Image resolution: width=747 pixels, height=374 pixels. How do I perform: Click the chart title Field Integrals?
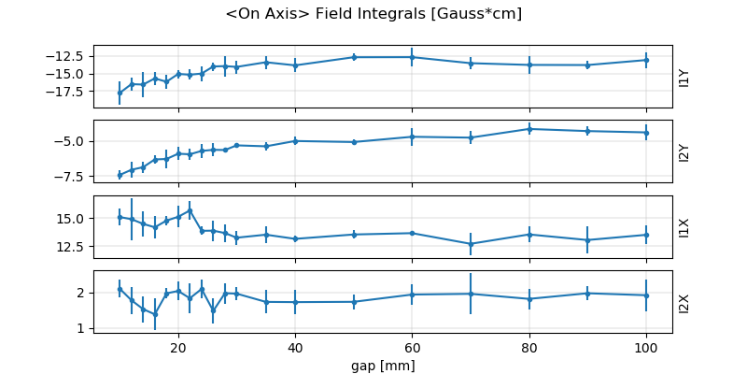pos(373,14)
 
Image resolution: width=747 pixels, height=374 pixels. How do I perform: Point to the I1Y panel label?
pos(684,77)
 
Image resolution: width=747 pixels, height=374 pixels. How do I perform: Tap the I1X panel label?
pos(684,226)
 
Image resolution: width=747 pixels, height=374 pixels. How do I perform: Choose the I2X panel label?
pos(684,302)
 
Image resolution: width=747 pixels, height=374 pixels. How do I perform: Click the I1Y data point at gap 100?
pos(646,60)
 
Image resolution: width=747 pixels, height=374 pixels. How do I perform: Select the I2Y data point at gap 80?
pos(529,129)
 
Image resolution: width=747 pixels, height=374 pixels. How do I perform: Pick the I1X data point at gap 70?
pos(471,244)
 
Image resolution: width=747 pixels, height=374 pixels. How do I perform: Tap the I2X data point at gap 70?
pos(471,294)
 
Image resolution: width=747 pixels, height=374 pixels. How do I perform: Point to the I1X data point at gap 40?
pos(295,238)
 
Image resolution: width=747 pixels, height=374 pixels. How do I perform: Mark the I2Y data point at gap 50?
pos(354,142)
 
